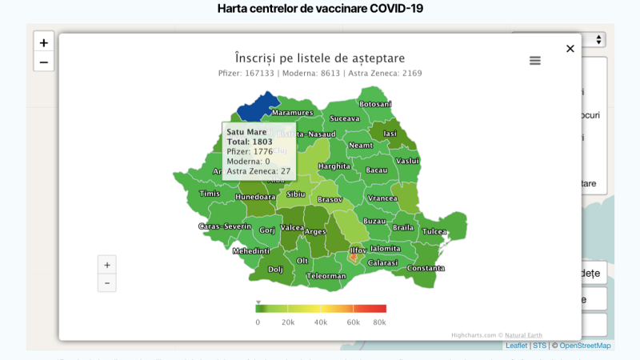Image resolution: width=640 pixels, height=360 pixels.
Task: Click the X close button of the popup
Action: click(570, 49)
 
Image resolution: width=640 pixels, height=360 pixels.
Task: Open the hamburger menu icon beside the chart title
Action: click(535, 61)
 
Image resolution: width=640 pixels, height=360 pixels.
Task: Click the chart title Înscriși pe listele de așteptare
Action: click(319, 58)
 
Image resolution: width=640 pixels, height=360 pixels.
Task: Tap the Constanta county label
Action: click(425, 268)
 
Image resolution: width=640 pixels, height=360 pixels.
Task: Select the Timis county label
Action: click(210, 194)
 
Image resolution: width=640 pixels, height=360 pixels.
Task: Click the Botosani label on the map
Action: click(375, 104)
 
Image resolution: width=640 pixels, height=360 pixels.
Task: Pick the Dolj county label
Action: click(275, 270)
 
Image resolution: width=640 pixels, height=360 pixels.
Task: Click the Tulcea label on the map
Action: click(434, 231)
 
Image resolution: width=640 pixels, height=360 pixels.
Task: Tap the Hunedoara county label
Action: click(256, 197)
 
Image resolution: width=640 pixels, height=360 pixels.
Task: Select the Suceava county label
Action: click(345, 118)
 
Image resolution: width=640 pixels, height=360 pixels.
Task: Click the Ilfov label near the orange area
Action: click(358, 250)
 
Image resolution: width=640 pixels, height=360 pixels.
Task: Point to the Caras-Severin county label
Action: click(225, 226)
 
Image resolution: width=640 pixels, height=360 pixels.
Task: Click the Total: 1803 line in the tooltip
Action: click(250, 142)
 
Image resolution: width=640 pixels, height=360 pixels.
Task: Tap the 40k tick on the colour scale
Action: click(320, 322)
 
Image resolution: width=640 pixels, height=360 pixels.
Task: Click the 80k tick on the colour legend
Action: click(379, 322)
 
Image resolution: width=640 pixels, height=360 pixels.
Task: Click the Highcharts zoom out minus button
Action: click(107, 283)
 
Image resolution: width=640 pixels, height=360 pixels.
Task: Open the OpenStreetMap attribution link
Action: click(585, 346)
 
